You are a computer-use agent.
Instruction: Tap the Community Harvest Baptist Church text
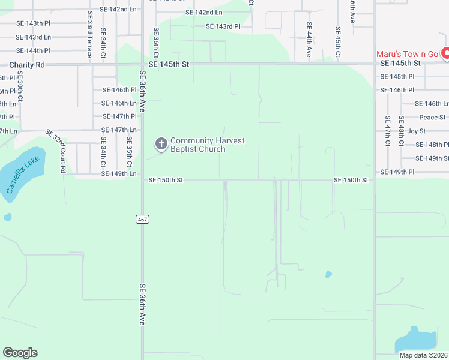[207, 145]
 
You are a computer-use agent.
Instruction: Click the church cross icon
[161, 144]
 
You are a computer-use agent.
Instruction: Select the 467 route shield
[142, 220]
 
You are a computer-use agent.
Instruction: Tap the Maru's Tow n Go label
[408, 54]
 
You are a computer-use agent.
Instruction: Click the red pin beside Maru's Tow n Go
[445, 54]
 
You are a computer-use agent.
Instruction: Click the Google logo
[20, 353]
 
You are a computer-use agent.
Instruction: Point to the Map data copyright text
[424, 355]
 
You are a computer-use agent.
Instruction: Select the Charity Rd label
[27, 64]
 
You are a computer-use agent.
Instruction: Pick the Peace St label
[432, 118]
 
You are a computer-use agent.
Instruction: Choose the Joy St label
[416, 131]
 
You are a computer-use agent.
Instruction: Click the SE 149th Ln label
[119, 173]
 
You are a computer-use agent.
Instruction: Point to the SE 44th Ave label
[309, 40]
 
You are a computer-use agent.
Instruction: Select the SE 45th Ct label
[338, 42]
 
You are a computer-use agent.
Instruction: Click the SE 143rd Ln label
[34, 37]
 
